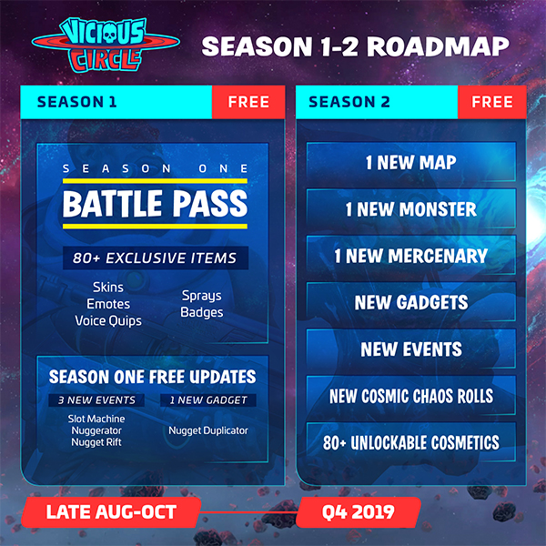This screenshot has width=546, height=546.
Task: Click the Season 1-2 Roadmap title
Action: (356, 46)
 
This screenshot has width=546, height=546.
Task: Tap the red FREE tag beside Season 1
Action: (248, 102)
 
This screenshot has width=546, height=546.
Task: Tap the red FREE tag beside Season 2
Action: (492, 102)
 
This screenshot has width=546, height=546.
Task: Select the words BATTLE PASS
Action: (155, 204)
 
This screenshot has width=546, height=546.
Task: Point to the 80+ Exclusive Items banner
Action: (156, 258)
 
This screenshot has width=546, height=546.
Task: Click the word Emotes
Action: (108, 304)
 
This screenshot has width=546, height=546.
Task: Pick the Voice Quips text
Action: (108, 320)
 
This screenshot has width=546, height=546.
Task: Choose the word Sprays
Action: (202, 296)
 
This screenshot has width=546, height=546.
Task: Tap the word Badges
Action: (202, 312)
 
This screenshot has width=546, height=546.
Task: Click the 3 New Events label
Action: (96, 400)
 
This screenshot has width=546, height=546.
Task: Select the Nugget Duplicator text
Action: (208, 430)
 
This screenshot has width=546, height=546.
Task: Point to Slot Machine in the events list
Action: (96, 419)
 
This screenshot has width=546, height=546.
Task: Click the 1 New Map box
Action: (411, 162)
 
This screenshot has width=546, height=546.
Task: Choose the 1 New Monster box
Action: (411, 208)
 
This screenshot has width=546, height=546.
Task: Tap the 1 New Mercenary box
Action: (411, 255)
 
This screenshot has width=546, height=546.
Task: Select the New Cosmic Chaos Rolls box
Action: (411, 396)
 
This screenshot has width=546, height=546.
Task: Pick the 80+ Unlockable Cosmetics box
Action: (411, 442)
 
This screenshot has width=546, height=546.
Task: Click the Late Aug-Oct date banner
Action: (111, 511)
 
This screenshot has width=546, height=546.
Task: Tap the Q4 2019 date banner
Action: (359, 511)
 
